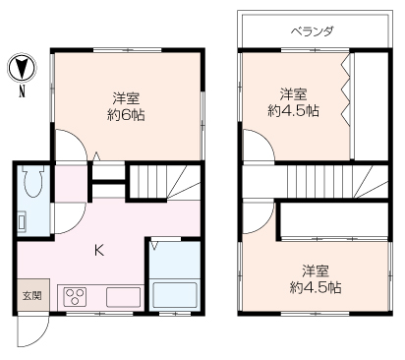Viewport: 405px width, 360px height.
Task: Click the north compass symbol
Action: (22, 67)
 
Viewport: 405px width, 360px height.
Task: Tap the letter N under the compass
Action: (22, 91)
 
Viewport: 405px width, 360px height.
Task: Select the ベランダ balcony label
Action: (313, 31)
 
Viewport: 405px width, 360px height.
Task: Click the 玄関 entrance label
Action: (31, 296)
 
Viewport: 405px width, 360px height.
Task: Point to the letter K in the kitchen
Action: (99, 251)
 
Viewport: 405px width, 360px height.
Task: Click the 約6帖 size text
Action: (126, 115)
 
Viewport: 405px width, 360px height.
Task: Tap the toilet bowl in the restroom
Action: (32, 181)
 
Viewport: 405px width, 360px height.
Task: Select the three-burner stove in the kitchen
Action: (76, 297)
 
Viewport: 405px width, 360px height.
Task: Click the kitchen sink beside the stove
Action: (123, 297)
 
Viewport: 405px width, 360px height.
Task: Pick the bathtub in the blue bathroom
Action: (175, 293)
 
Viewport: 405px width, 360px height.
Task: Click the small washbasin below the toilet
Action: (22, 221)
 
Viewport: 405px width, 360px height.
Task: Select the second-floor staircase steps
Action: (331, 182)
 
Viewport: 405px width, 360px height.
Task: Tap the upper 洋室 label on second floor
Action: (293, 94)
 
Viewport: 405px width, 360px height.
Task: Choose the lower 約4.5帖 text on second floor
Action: (316, 287)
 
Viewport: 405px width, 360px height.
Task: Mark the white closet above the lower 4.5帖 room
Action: (334, 219)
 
